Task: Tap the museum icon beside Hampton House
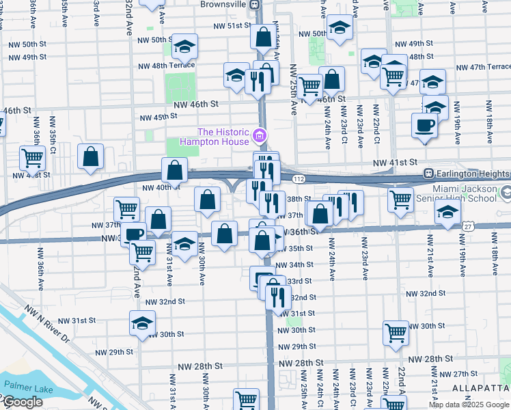(259, 137)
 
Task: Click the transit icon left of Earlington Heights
(429, 173)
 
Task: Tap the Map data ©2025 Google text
(469, 405)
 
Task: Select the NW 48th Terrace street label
(166, 66)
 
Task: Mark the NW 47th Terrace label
(484, 67)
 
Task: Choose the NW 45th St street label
(158, 118)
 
